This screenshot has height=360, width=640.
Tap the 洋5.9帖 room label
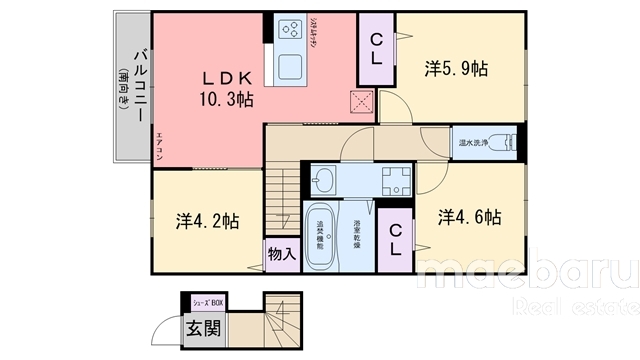[x=455, y=69]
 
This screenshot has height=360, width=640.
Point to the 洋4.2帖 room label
[x=207, y=221]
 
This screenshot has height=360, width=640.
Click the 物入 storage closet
[x=281, y=255]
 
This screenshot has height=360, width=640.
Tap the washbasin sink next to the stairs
[x=323, y=181]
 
